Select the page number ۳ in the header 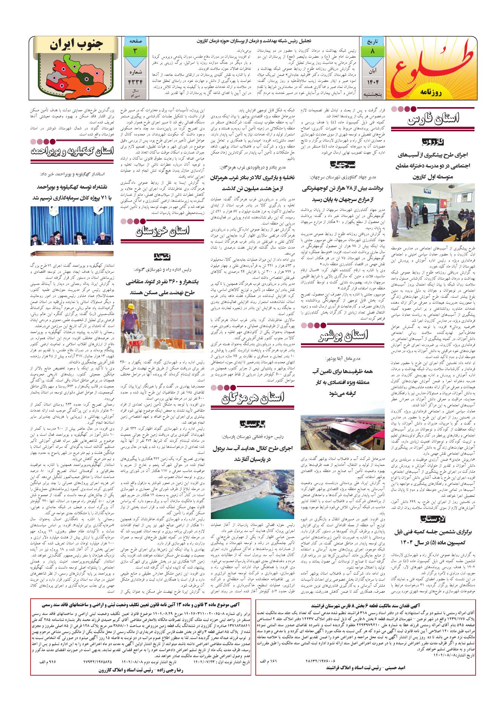click(134, 50)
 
